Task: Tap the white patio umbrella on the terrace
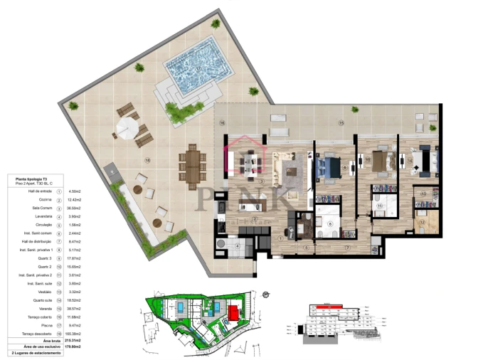[x=126, y=128]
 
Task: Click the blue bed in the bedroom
[x=329, y=168]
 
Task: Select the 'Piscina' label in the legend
[x=35, y=324]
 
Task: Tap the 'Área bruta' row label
[x=31, y=341]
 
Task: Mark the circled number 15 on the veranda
[x=341, y=123]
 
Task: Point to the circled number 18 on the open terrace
[x=147, y=159]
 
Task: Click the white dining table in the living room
[x=250, y=163]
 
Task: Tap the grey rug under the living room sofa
[x=294, y=171]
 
